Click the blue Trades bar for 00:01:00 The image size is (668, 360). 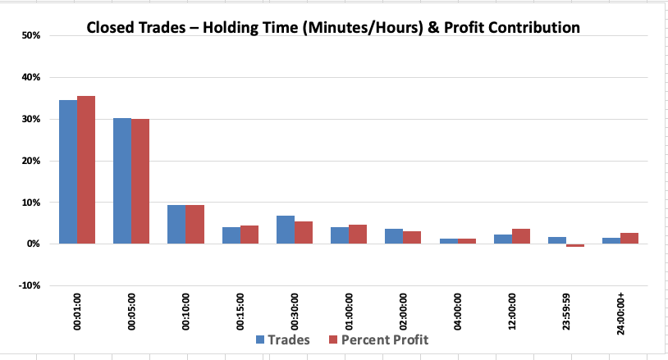click(x=68, y=172)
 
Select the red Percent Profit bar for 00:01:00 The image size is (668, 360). click(x=86, y=170)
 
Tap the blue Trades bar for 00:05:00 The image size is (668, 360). click(x=122, y=181)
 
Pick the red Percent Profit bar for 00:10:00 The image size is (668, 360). click(x=194, y=224)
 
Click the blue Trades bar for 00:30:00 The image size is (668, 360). click(x=286, y=230)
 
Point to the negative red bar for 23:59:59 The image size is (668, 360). click(x=575, y=245)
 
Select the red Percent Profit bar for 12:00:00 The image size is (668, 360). click(x=521, y=236)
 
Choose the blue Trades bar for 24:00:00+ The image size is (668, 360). click(x=611, y=241)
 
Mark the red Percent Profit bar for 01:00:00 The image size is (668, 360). click(x=358, y=234)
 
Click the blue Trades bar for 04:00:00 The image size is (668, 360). click(x=449, y=241)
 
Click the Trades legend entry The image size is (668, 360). click(x=283, y=339)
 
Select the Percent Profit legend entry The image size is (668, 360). click(x=379, y=339)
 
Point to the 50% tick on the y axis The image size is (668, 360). click(x=31, y=35)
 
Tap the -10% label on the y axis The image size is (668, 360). click(x=30, y=285)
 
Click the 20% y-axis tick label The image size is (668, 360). click(x=31, y=161)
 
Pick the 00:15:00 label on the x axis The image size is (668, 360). click(x=240, y=312)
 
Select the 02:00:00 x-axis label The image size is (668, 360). click(x=403, y=312)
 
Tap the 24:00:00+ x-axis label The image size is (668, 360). click(x=620, y=313)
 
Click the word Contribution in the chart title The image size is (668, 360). click(x=533, y=27)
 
